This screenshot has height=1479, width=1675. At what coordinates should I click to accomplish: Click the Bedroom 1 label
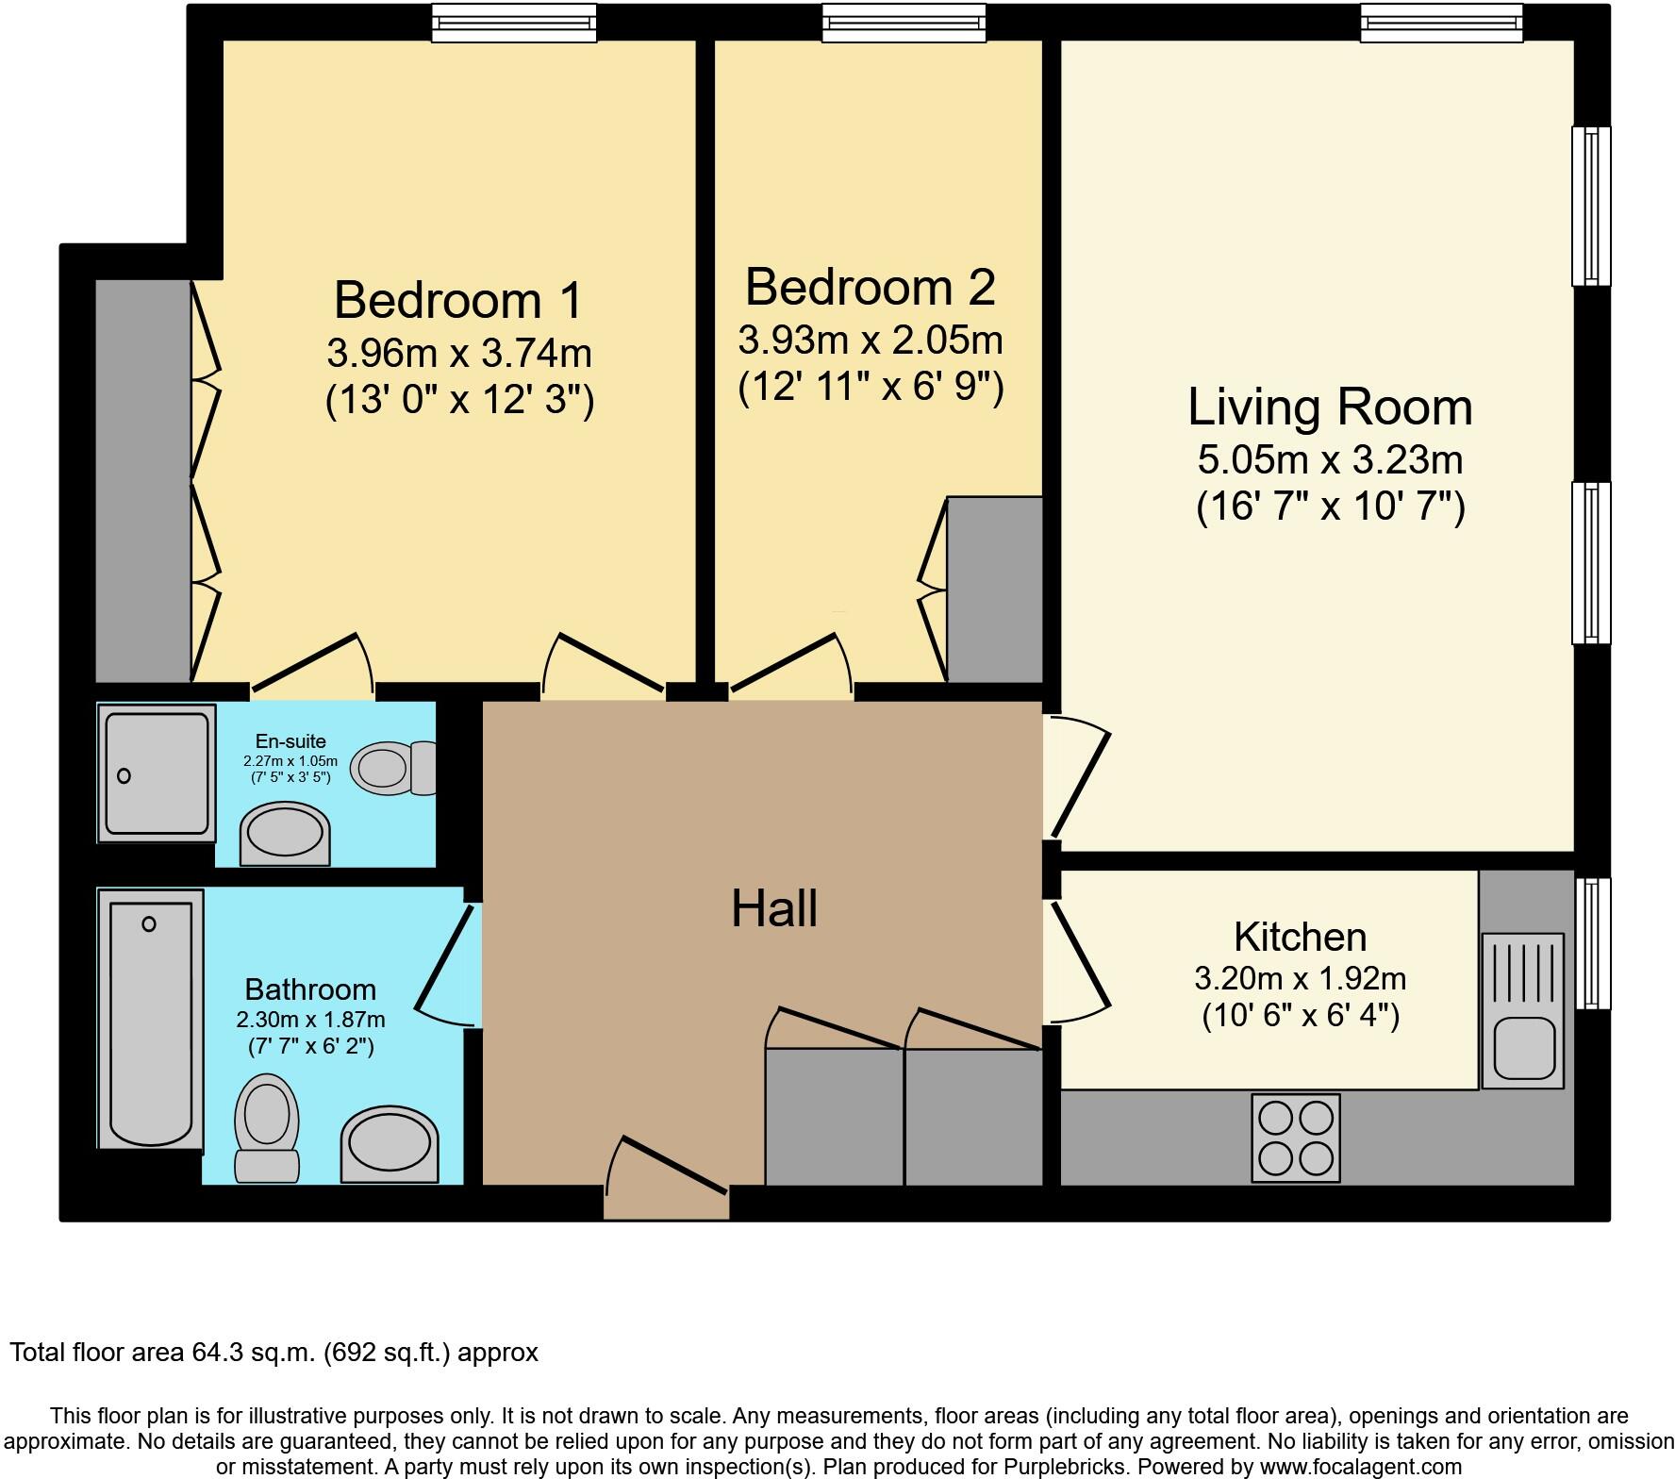[458, 300]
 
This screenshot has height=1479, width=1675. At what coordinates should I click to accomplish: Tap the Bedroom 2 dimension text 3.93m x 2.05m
[870, 340]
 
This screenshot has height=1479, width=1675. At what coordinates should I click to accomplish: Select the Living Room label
[1329, 407]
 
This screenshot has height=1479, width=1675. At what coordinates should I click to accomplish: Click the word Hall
[774, 909]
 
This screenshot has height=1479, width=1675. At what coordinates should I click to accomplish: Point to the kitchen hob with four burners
[1296, 1137]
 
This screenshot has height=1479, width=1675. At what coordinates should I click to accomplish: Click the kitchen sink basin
[1523, 1046]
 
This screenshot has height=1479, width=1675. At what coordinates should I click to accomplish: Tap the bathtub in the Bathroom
[151, 1019]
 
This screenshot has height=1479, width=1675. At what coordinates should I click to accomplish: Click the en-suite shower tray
[157, 773]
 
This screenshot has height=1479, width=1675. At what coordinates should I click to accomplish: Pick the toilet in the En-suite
[391, 767]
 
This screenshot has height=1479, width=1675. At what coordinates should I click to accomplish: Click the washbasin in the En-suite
[285, 834]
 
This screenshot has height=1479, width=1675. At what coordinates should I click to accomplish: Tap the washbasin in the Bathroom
[390, 1144]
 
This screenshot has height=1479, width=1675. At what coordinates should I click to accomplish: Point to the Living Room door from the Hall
[1075, 775]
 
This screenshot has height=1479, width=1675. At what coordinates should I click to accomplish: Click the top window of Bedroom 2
[904, 23]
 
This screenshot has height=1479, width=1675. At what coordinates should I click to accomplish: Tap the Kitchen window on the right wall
[1592, 943]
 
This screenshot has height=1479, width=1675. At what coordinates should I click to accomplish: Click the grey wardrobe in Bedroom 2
[994, 589]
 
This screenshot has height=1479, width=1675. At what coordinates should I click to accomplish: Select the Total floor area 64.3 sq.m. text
[274, 1353]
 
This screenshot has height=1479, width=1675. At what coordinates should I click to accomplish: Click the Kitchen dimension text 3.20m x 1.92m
[1300, 978]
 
